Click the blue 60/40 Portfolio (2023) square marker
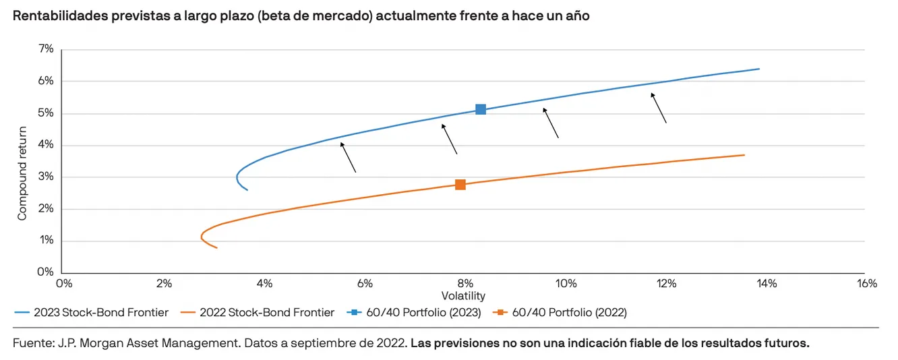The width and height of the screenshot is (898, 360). coord(481,109)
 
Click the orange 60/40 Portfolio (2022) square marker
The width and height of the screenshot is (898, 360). coord(460,185)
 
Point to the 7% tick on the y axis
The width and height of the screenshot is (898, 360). coord(45,49)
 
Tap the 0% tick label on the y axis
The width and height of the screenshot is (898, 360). coord(45,272)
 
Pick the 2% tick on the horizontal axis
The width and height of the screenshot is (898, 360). coord(164,284)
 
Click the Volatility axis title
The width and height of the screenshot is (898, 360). coord(463,296)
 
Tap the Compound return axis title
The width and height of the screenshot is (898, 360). coord(22,173)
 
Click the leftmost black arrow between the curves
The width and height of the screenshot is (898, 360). coord(348,157)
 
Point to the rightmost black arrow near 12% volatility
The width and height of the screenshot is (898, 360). coord(659,108)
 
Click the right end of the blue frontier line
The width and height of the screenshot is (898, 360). coord(759,69)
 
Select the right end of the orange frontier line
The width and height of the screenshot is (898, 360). coord(744,155)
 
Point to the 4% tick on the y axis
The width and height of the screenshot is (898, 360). coord(45,145)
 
